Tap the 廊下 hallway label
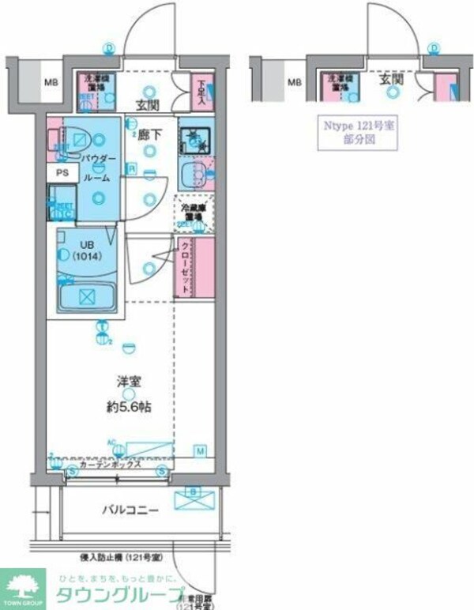pyautogui.click(x=150, y=135)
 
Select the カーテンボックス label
pyautogui.click(x=111, y=465)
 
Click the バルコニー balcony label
pyautogui.click(x=130, y=510)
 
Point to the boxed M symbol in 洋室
pyautogui.click(x=200, y=450)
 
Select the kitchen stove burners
pyautogui.click(x=193, y=141)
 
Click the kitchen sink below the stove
pyautogui.click(x=194, y=173)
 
